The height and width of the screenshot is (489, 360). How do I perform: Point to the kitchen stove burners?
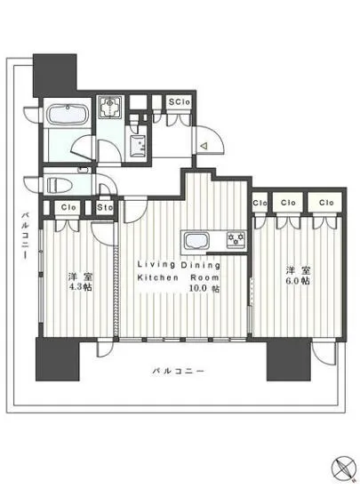coord(236,238)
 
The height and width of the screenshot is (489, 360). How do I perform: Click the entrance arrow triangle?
coord(203,145)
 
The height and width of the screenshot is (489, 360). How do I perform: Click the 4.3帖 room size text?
coord(81,287)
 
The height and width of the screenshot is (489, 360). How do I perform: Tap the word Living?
coord(150,264)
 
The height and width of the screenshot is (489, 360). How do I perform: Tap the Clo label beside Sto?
coord(67,209)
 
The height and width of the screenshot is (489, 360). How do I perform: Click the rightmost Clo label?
coord(326,204)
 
